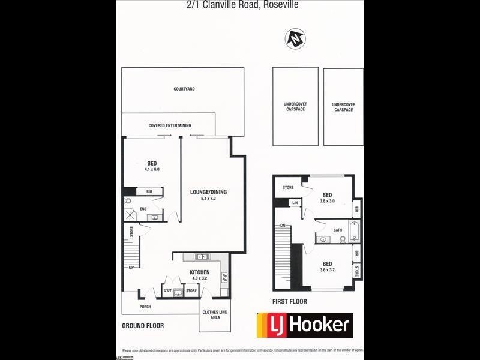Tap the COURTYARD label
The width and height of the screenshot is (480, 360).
click(x=184, y=89)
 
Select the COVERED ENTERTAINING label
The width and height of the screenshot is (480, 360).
click(x=170, y=125)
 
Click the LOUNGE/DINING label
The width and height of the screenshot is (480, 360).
click(x=208, y=192)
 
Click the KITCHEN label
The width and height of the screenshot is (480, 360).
click(x=200, y=272)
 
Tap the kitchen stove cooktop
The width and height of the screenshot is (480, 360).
click(x=224, y=277)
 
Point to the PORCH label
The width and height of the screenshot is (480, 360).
click(x=145, y=307)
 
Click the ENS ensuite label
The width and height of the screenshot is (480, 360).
click(x=143, y=209)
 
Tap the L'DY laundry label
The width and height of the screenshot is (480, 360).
click(x=168, y=291)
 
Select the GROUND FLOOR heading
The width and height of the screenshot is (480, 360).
click(x=143, y=326)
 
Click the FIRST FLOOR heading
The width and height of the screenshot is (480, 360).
click(x=290, y=302)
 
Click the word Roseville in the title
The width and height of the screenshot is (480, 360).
click(x=279, y=5)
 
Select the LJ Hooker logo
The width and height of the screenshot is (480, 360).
click(x=304, y=325)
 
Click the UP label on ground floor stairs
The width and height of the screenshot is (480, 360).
click(x=130, y=267)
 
